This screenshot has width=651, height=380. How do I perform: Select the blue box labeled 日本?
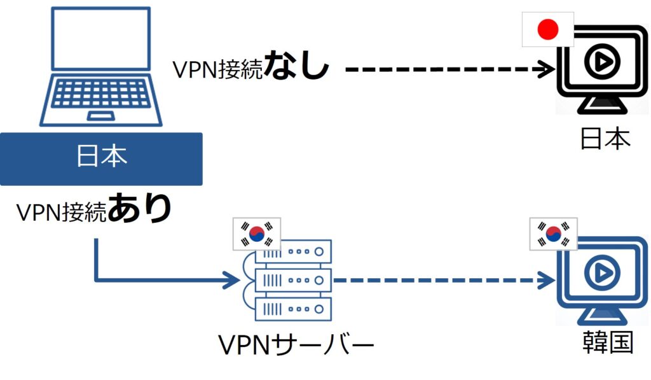[x=101, y=158]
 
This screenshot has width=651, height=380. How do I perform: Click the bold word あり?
[x=140, y=209]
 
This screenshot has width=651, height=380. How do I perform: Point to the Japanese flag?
[x=547, y=29]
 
